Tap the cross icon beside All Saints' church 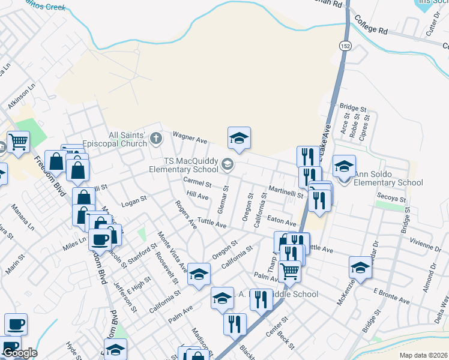click(x=156, y=139)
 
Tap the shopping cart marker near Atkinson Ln click(x=18, y=143)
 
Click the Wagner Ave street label click(x=190, y=137)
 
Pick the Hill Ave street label click(x=197, y=196)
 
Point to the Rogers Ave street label click(x=185, y=215)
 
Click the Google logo click(x=19, y=352)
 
